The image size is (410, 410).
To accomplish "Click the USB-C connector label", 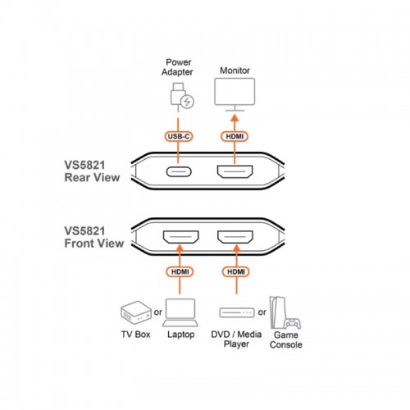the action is (179, 136).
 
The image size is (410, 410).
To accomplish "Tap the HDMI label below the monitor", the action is (235, 136).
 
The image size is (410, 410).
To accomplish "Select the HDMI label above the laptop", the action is (180, 271).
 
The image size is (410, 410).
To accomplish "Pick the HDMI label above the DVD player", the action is (236, 271).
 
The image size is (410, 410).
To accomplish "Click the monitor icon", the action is (235, 94).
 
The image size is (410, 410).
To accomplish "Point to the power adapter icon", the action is (182, 97).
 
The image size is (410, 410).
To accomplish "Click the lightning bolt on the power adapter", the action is (188, 102).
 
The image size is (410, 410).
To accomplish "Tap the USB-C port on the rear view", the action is (179, 171).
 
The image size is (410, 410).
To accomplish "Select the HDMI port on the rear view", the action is (235, 171).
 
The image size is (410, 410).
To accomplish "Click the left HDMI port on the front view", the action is (181, 237).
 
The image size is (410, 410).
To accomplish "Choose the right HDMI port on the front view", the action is (235, 237).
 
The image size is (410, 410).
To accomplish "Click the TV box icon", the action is (136, 312).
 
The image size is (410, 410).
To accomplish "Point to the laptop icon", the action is (180, 312).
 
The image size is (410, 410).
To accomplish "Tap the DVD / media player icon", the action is (237, 312).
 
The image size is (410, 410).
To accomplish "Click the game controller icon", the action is (292, 323).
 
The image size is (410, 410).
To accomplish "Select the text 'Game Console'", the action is (286, 339).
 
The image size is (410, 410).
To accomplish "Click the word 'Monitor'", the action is (235, 71).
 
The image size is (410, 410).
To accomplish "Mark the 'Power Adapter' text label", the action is (178, 67).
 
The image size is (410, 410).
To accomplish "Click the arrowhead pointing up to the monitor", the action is (235, 118).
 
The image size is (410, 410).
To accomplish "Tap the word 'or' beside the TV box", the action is (157, 312).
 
